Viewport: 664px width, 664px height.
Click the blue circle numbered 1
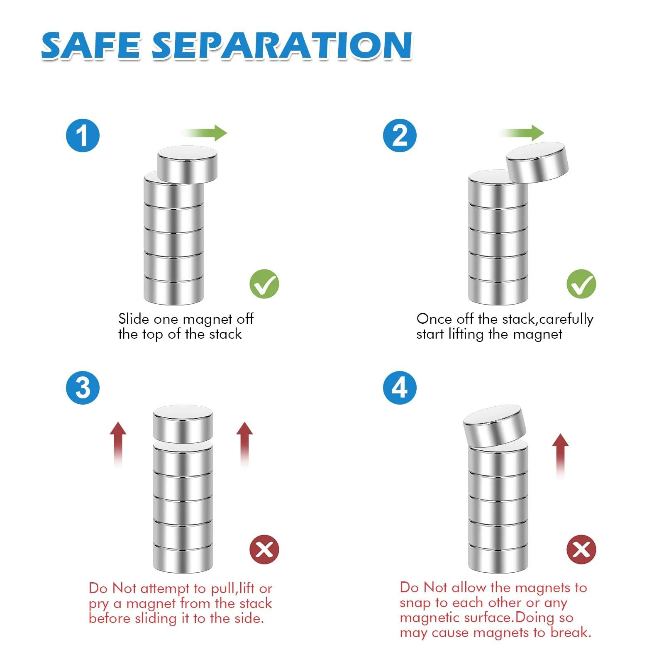pos(83,135)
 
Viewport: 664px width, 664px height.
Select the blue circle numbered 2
pos(399,135)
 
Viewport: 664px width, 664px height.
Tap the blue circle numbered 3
pos(83,388)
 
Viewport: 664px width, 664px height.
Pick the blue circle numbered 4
pos(399,388)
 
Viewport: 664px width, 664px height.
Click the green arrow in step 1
pos(204,133)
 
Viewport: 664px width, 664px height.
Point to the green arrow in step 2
pos(521,133)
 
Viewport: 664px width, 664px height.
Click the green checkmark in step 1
pos(264,284)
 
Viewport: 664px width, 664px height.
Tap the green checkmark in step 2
pos(581,284)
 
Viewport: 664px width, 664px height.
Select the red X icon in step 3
pos(264,550)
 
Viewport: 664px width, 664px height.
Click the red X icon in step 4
pos(581,550)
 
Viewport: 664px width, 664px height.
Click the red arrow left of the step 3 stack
pos(118,445)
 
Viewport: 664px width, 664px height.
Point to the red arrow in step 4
pos(561,456)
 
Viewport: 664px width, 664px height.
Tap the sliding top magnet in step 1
pos(188,165)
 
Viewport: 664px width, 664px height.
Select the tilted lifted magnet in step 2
pos(537,162)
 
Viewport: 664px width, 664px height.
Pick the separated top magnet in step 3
pos(183,424)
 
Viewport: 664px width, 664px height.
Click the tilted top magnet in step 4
pos(494,426)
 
